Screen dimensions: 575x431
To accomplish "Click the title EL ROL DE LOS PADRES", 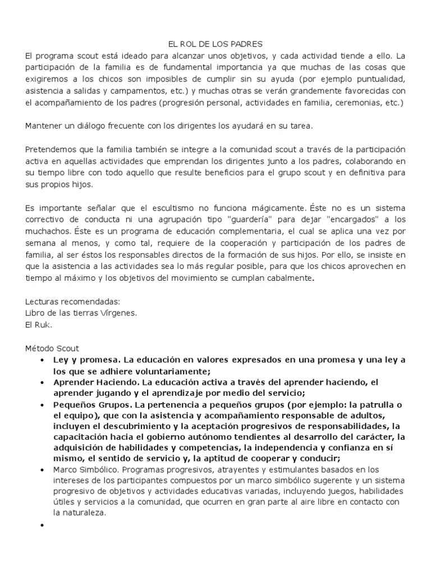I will pyautogui.click(x=215, y=43).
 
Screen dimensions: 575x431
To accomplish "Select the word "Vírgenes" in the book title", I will pyautogui.click(x=117, y=313).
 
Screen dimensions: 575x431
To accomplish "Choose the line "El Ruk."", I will pyautogui.click(x=38, y=324).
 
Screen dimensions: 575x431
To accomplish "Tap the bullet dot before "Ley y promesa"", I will pyautogui.click(x=43, y=360).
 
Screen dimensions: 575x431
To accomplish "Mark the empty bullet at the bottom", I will pyautogui.click(x=43, y=526).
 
